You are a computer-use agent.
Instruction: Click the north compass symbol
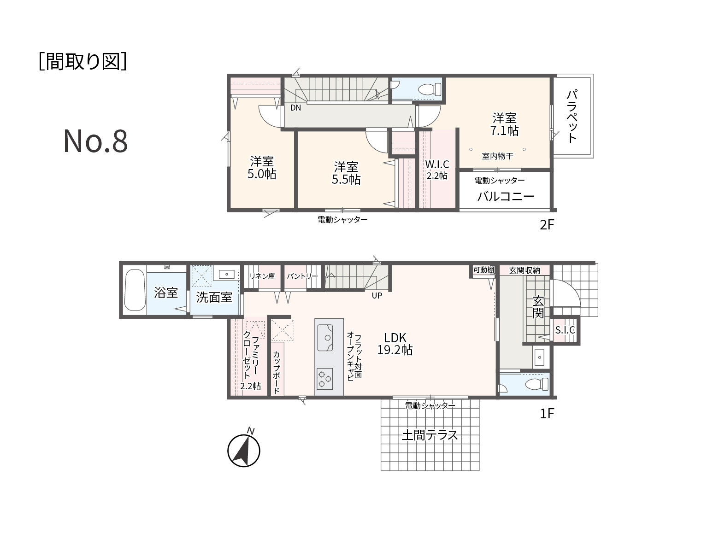[244, 449]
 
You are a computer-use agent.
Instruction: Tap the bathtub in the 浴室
[135, 290]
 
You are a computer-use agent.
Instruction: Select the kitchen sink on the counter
[325, 337]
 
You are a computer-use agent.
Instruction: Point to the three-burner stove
[324, 379]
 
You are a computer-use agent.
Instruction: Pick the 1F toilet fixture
[536, 384]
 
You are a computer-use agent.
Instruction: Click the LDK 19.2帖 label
[395, 344]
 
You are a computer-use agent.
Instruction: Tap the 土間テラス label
[430, 435]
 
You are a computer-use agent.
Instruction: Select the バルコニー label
[506, 196]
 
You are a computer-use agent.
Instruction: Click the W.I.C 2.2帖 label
[437, 170]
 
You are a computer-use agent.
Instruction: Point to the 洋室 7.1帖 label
[504, 124]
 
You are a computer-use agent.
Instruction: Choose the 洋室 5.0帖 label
[261, 168]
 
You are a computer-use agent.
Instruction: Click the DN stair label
[295, 108]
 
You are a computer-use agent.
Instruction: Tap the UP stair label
[377, 295]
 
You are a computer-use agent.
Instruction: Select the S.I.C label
[565, 330]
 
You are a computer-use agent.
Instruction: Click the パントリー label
[302, 276]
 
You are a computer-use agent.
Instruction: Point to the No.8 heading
[95, 141]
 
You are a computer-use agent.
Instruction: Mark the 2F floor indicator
[547, 225]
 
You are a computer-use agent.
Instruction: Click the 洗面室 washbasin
[226, 274]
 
